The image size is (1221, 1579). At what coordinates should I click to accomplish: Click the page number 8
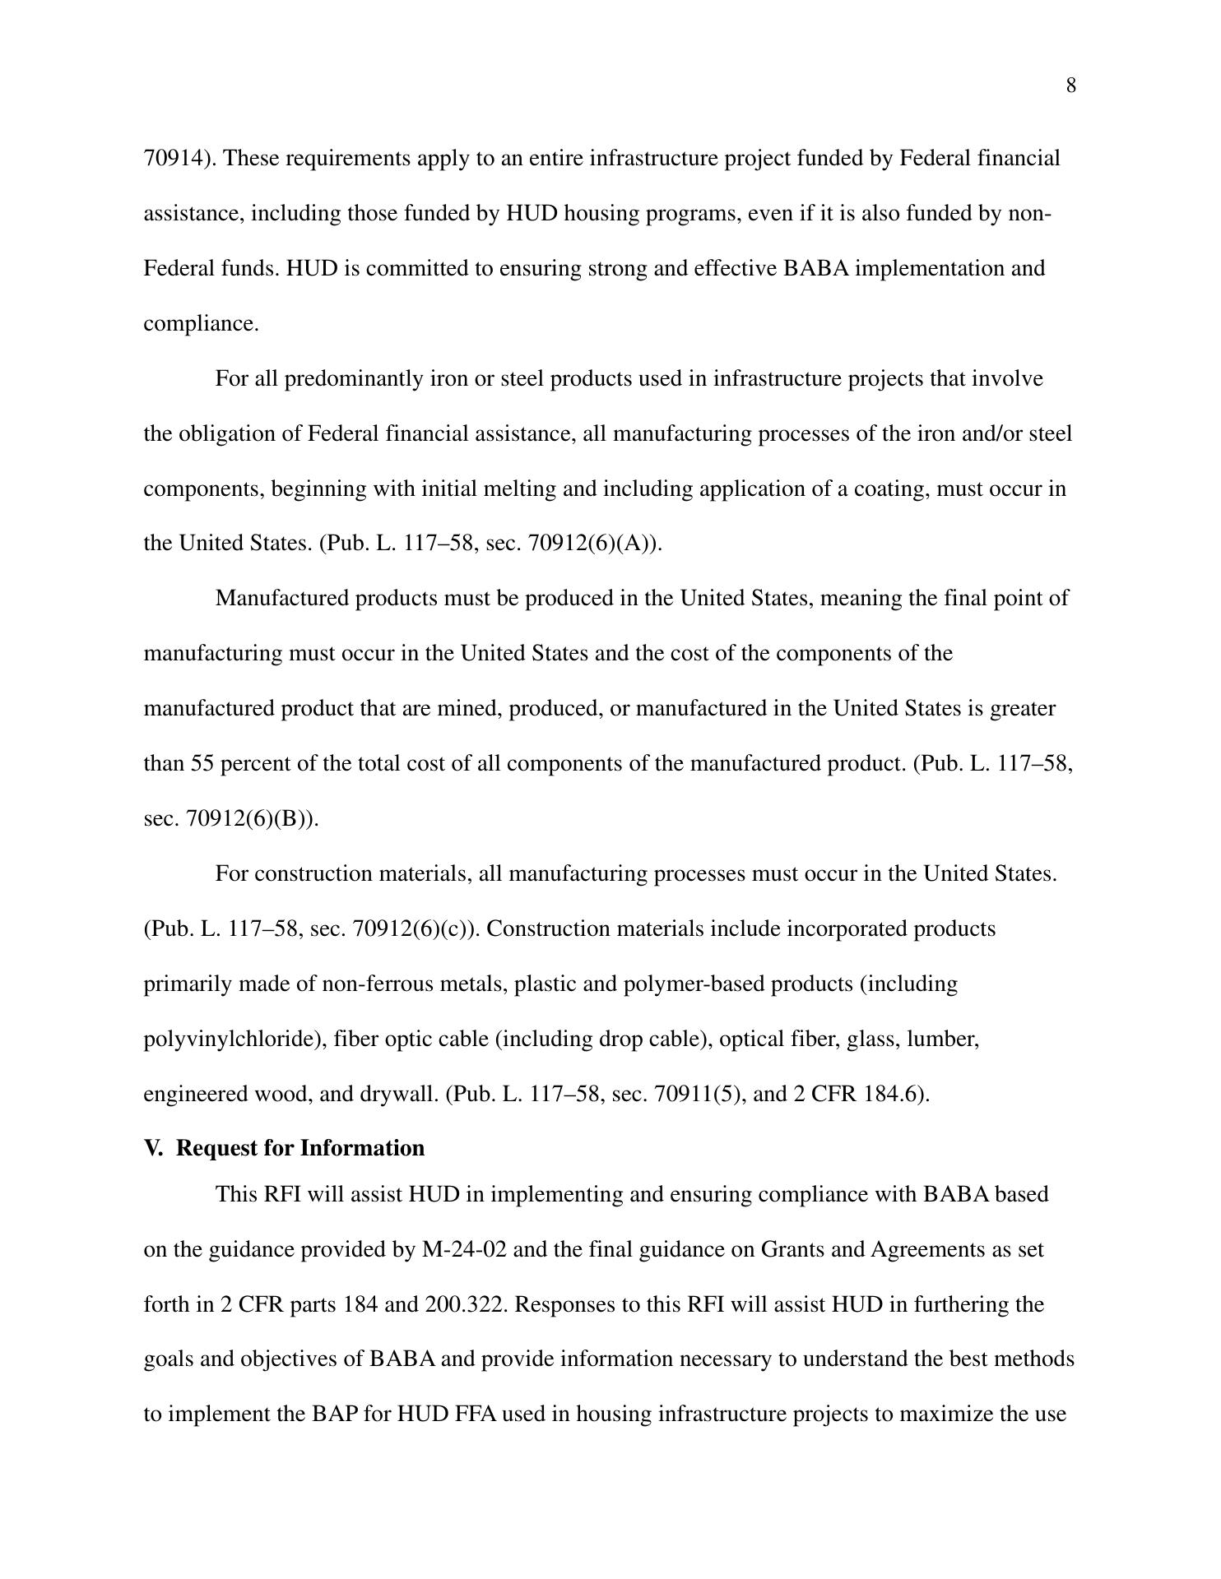click(1070, 86)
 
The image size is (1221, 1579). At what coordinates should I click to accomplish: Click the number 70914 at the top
click(172, 158)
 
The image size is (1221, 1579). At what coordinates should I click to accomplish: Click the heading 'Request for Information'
click(300, 1148)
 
